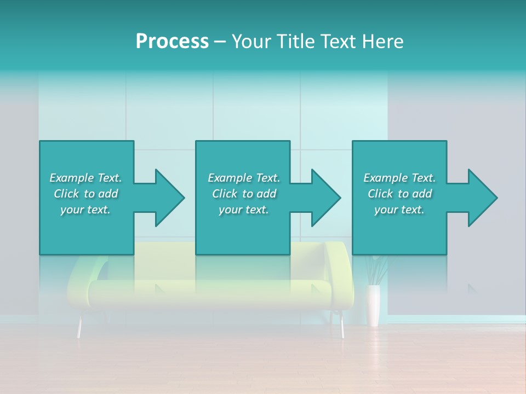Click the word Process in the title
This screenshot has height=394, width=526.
172,42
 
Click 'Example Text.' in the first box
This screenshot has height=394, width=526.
85,178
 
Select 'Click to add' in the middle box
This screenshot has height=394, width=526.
244,194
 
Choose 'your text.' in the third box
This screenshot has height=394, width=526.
399,210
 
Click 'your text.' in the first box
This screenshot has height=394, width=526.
85,210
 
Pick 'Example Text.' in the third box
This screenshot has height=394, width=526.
399,178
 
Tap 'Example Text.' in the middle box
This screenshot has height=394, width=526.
244,178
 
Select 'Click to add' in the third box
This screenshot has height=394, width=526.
399,194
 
